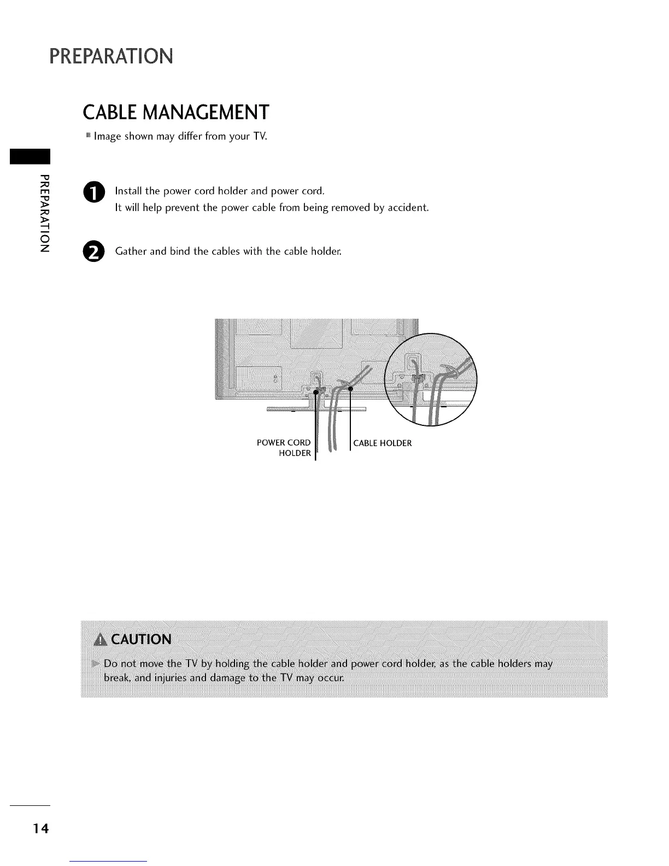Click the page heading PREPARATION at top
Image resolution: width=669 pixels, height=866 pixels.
tap(111, 56)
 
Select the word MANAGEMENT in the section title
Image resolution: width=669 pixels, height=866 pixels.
tap(211, 112)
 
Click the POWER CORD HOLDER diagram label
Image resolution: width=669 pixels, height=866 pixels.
tap(284, 448)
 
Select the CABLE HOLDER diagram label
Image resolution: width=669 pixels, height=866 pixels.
tap(383, 443)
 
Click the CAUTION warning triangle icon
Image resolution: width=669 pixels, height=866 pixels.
tap(102, 640)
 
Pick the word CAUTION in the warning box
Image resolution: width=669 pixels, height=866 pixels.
tap(142, 640)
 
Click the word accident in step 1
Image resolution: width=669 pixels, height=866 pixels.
tap(409, 208)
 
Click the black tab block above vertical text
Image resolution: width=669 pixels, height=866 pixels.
tap(30, 156)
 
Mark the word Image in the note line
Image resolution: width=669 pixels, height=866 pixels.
tap(108, 136)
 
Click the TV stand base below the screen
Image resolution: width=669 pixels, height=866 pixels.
tap(316, 409)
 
